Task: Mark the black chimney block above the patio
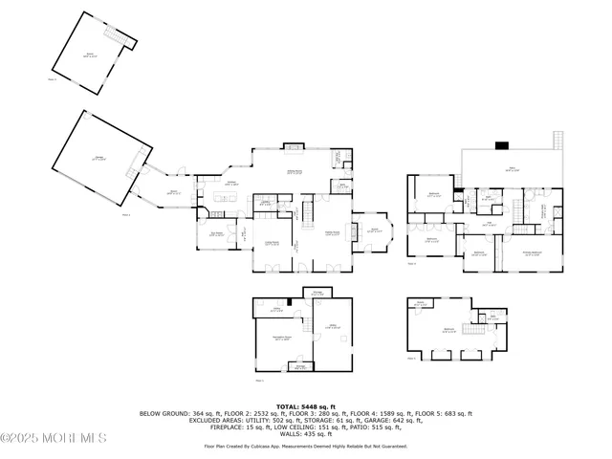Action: click(x=501, y=145)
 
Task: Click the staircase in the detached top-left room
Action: click(x=118, y=38)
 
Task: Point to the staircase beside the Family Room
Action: click(x=309, y=210)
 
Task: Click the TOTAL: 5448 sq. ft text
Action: click(x=305, y=405)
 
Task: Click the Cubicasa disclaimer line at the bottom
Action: click(x=305, y=446)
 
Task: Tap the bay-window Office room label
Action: click(x=375, y=229)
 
